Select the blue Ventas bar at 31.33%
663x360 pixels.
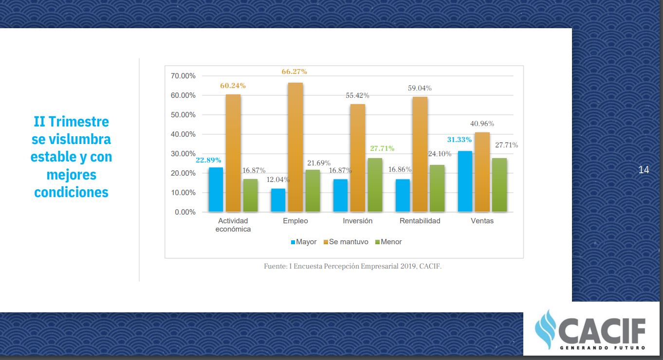tap(465, 181)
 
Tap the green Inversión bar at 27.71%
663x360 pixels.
tap(375, 185)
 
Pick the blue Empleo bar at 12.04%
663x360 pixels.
tap(278, 200)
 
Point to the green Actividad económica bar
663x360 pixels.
tap(250, 195)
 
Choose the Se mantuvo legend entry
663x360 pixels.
tap(346, 242)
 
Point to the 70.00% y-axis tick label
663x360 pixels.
tap(183, 76)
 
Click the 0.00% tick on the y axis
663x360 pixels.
tap(185, 212)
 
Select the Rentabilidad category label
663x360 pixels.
tap(420, 221)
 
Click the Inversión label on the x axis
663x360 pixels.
tap(357, 221)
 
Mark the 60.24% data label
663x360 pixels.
tap(233, 86)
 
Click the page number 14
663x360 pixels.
tap(644, 170)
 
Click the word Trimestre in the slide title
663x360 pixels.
tap(78, 121)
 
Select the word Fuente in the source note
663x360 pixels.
tap(275, 267)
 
